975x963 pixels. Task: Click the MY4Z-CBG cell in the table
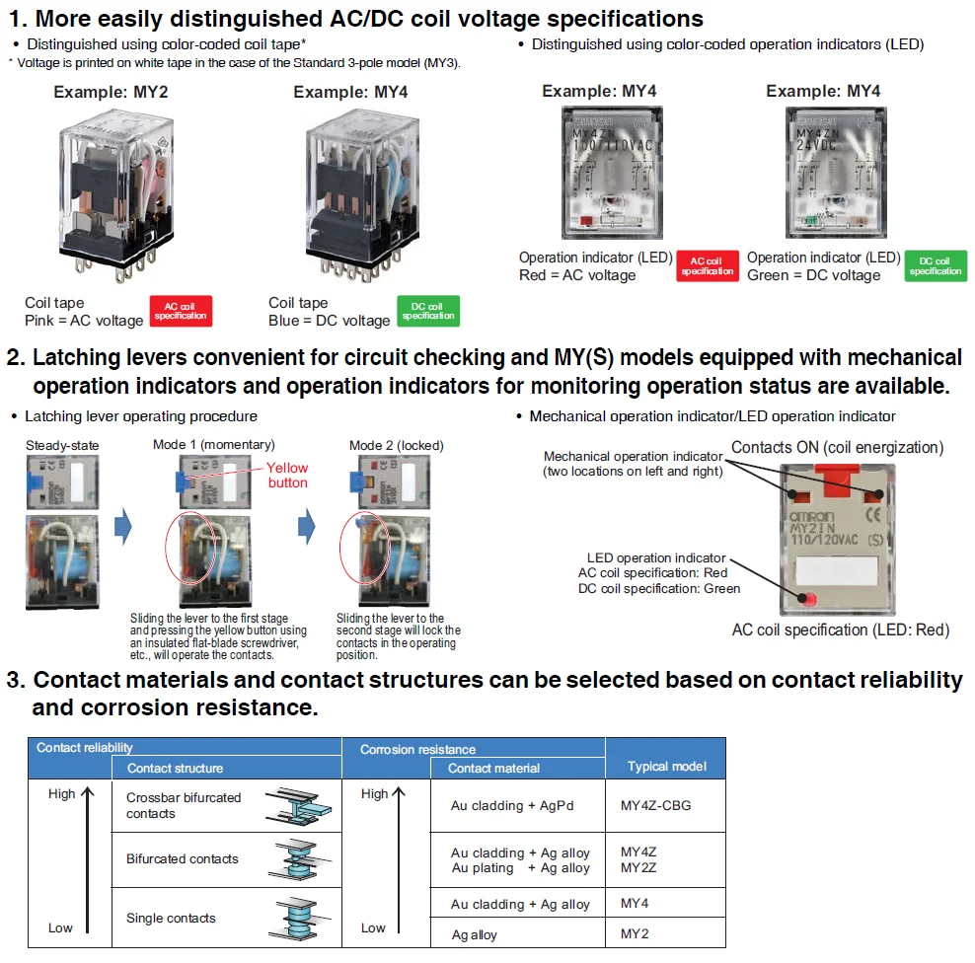[x=655, y=805]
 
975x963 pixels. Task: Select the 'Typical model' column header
[x=667, y=767]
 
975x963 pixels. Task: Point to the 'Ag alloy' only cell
[x=475, y=934]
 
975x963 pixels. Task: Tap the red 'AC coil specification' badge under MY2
[x=181, y=310]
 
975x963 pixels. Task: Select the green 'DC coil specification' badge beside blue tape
[x=427, y=310]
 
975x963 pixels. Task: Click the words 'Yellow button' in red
[x=287, y=475]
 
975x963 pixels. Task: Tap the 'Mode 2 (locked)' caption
[x=395, y=445]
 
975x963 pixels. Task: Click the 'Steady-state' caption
[x=62, y=445]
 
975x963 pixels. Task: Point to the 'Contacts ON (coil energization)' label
[x=837, y=447]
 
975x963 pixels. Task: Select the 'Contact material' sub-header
[x=493, y=768]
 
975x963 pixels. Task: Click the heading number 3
[x=15, y=680]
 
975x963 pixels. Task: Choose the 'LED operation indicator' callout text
[x=656, y=557]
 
